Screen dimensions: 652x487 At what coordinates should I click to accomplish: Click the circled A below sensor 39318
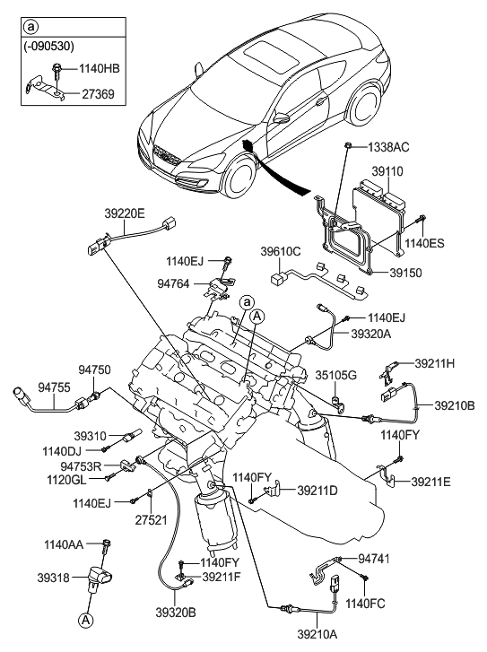[84, 619]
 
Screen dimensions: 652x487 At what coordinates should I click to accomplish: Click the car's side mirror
[282, 117]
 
